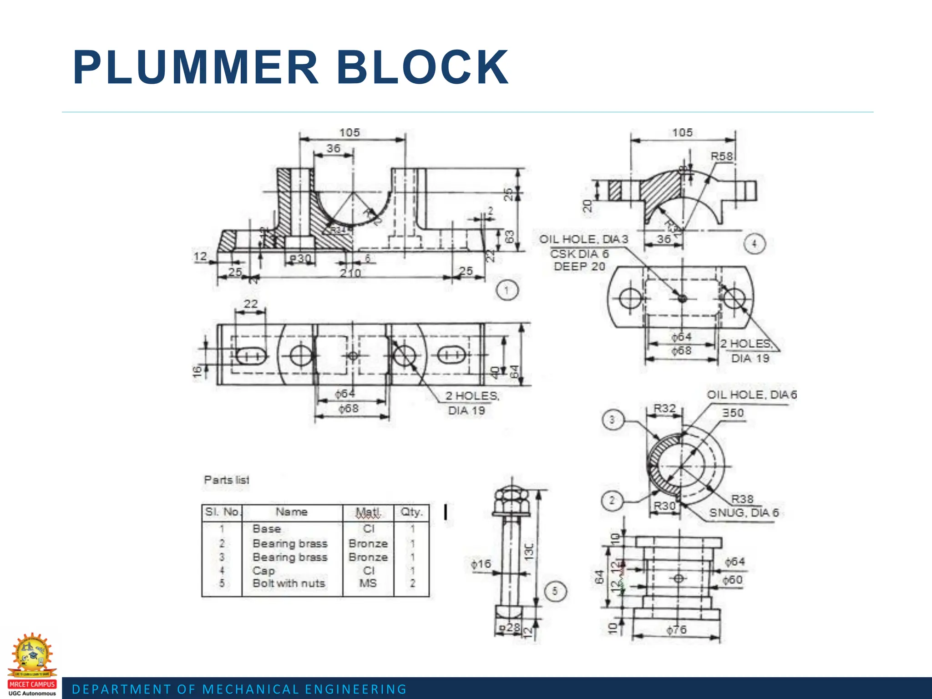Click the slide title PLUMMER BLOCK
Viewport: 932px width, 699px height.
tap(290, 68)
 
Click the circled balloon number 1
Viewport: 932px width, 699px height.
tap(507, 290)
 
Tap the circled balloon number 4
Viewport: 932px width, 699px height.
tap(754, 244)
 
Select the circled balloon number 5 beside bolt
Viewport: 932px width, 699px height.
tap(554, 591)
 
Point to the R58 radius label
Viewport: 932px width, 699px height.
tap(722, 157)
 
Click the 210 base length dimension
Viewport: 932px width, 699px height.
tap(350, 273)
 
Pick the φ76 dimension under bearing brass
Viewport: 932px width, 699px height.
tap(676, 630)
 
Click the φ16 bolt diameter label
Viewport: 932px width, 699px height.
tap(481, 564)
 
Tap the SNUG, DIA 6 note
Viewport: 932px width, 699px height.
tap(744, 513)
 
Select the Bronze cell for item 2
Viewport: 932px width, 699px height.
tap(368, 543)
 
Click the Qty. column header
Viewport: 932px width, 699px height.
tap(411, 512)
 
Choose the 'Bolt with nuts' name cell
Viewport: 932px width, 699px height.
tap(289, 583)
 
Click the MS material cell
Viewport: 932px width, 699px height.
tap(368, 583)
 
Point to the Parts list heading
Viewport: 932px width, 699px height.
tap(226, 480)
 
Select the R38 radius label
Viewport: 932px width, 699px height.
tap(742, 499)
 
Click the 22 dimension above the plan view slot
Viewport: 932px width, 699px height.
tap(251, 304)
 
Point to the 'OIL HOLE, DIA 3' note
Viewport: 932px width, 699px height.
tap(583, 239)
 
